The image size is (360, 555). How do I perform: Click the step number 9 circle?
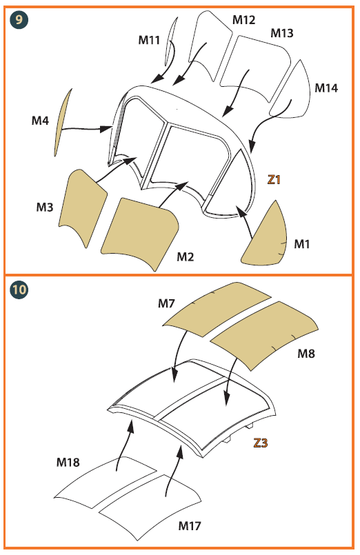pyautogui.click(x=19, y=19)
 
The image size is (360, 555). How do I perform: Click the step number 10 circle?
pyautogui.click(x=19, y=290)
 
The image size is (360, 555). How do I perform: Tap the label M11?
pyautogui.click(x=149, y=40)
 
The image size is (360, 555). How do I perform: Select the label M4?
pyautogui.click(x=40, y=121)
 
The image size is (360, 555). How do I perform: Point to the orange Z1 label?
pyautogui.click(x=274, y=180)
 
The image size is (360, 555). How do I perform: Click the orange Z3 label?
pyautogui.click(x=261, y=443)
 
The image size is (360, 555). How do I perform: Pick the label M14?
pyautogui.click(x=326, y=88)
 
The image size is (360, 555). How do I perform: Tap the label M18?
pyautogui.click(x=68, y=462)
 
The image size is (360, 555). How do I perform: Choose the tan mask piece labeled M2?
pyautogui.click(x=141, y=232)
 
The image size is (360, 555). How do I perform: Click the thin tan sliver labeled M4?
pyautogui.click(x=62, y=122)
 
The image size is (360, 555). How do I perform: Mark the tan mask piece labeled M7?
pyautogui.click(x=216, y=308)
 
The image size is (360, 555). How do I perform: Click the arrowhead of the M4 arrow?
pyautogui.click(x=106, y=128)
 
